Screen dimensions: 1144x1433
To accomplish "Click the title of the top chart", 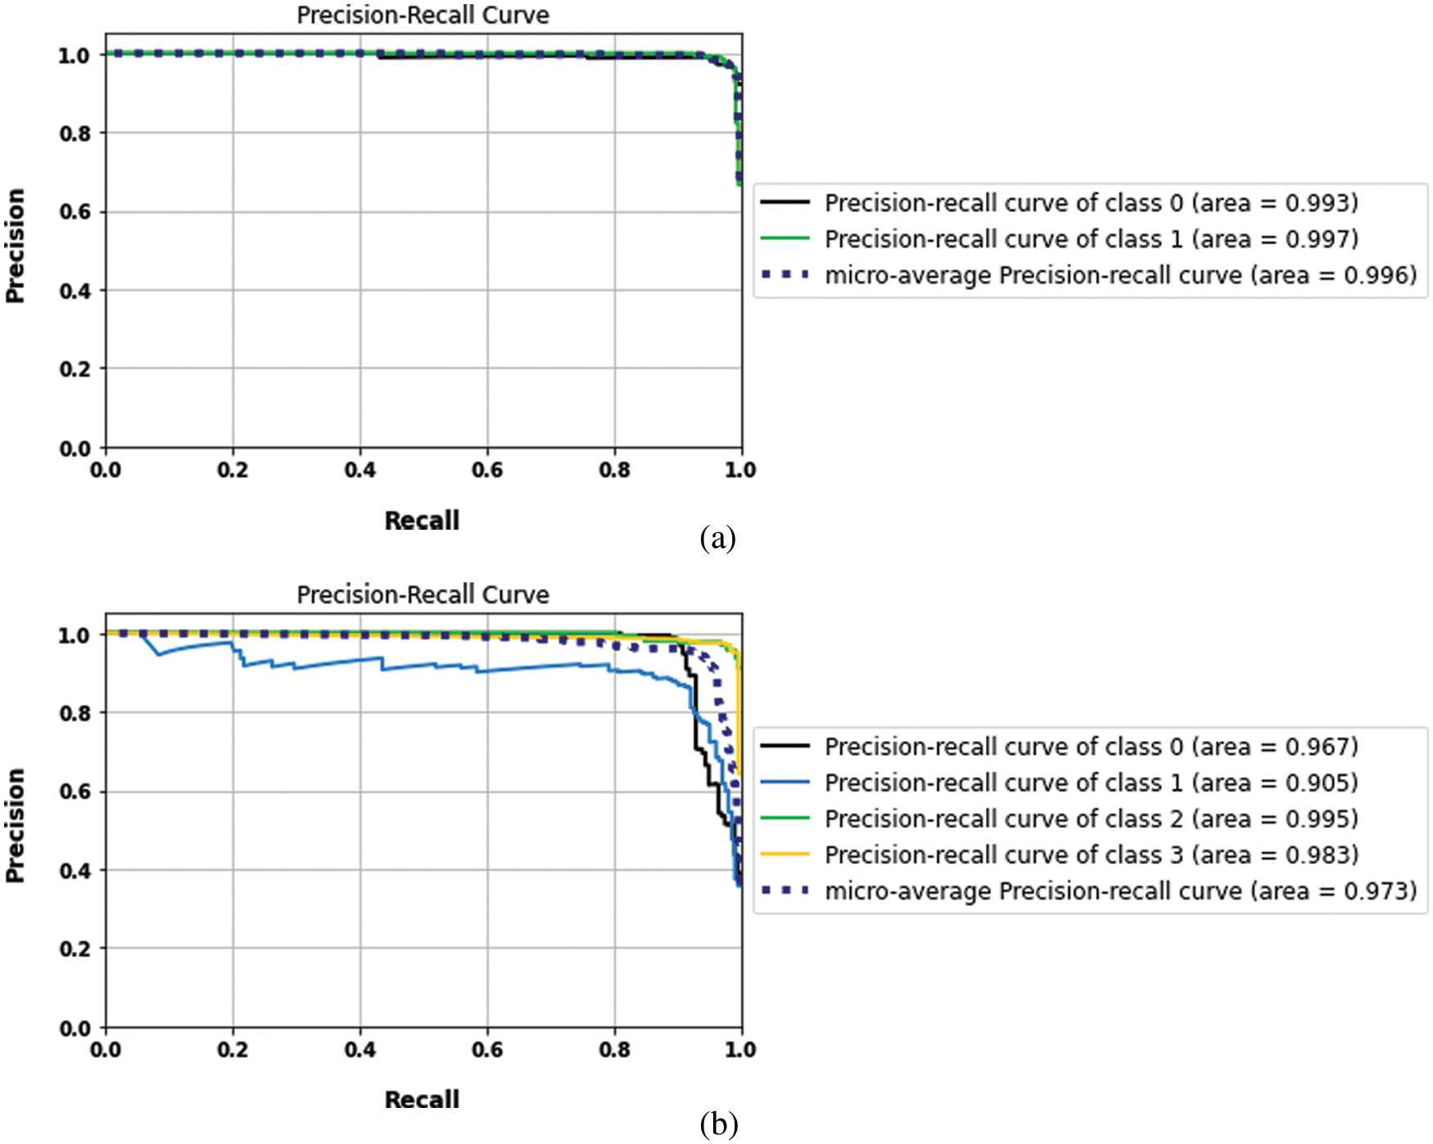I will [423, 16].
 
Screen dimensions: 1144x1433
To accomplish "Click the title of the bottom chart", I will [423, 595].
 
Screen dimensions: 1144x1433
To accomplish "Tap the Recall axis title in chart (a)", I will [422, 521].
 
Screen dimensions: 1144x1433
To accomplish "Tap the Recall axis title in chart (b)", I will [422, 1100].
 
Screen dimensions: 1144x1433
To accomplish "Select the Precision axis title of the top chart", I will [16, 246].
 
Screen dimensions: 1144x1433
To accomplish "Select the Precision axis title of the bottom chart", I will [16, 825].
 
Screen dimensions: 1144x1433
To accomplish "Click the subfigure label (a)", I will [718, 539].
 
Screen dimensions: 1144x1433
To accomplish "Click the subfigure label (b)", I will [719, 1124].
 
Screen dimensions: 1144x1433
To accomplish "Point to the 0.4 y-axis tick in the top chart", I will [75, 291].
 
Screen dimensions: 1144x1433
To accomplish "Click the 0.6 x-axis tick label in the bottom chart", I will [487, 1050].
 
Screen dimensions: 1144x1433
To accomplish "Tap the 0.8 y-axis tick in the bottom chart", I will [75, 713].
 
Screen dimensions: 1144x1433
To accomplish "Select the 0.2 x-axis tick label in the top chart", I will [233, 470].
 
